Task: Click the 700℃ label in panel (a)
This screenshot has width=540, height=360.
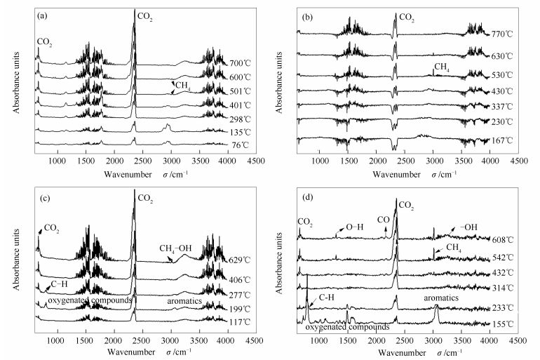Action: click(240, 63)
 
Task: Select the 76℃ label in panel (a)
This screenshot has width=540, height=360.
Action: click(240, 145)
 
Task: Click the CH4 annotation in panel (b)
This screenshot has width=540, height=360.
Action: click(442, 67)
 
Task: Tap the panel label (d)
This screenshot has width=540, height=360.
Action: click(306, 188)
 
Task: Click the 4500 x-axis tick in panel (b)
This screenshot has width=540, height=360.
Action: click(519, 161)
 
